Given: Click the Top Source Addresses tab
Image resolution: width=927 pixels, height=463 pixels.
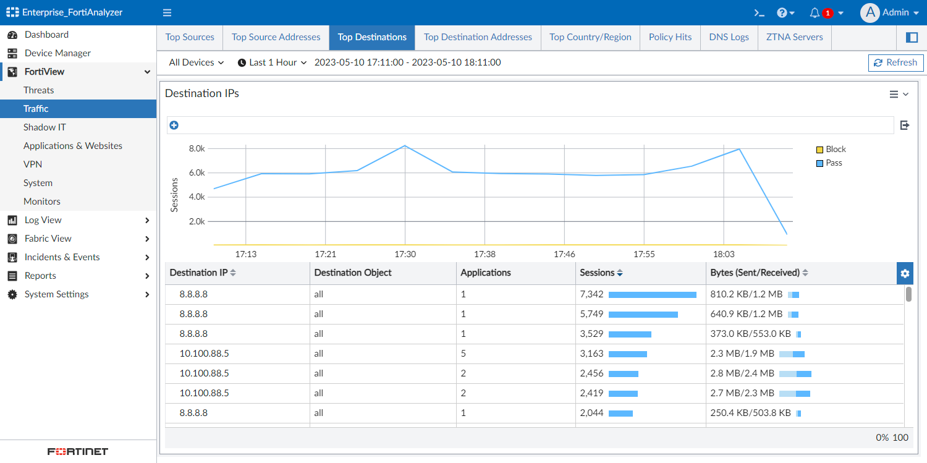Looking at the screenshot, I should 276,37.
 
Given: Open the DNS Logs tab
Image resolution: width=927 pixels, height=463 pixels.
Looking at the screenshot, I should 729,37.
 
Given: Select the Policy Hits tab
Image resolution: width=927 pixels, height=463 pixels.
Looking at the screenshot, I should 670,37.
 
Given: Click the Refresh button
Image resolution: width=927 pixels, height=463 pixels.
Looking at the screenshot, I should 895,62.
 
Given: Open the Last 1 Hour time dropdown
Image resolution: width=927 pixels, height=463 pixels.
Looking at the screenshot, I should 272,62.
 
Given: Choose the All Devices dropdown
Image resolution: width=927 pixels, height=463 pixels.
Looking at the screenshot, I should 196,62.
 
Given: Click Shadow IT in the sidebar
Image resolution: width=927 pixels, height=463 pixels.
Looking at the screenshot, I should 44,127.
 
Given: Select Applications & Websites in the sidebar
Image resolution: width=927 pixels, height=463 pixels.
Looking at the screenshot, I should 73,146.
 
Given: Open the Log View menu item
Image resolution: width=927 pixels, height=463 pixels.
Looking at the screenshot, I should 43,220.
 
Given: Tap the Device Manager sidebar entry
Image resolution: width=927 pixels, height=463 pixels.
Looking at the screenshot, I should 57,53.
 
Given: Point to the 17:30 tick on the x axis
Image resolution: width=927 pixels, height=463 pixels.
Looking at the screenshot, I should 405,254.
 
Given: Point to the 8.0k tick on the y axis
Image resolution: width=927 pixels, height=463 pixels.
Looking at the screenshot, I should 197,148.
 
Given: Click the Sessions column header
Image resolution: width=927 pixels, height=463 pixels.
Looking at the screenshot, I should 597,273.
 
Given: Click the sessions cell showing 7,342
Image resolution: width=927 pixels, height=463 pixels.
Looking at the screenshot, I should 591,294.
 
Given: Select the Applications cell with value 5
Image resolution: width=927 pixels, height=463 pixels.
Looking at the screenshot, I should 463,354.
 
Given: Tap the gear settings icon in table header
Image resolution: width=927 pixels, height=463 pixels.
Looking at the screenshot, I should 905,273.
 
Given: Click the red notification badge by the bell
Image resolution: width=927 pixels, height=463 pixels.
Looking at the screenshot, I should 828,13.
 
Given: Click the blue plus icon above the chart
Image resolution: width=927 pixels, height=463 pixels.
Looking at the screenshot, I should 174,125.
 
